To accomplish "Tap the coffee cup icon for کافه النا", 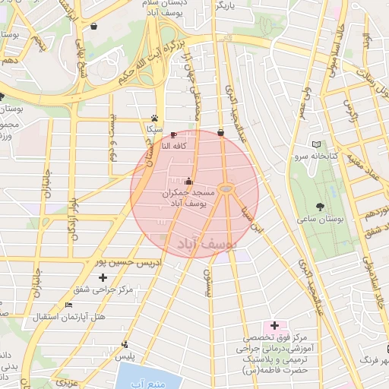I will [x=174, y=134].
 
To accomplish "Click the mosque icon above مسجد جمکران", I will [x=188, y=182].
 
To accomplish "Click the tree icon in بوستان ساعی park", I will [x=320, y=207].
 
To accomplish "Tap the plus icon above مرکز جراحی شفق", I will [x=103, y=278].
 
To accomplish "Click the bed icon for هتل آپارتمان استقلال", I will [x=69, y=305].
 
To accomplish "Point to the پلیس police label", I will [x=125, y=356].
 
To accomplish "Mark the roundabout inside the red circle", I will [x=226, y=188].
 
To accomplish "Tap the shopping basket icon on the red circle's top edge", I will [x=220, y=132].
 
